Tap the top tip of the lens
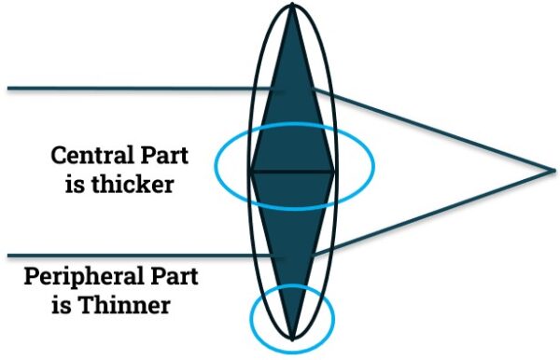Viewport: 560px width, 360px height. [293, 7]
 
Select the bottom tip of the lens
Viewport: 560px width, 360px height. [292, 337]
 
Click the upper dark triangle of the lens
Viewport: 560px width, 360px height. [292, 103]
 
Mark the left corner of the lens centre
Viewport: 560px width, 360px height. [250, 173]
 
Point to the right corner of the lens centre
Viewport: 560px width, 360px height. [334, 173]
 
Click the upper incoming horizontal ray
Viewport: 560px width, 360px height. [140, 90]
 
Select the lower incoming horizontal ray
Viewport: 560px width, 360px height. [140, 256]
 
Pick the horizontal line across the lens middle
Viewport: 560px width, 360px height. [292, 173]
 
